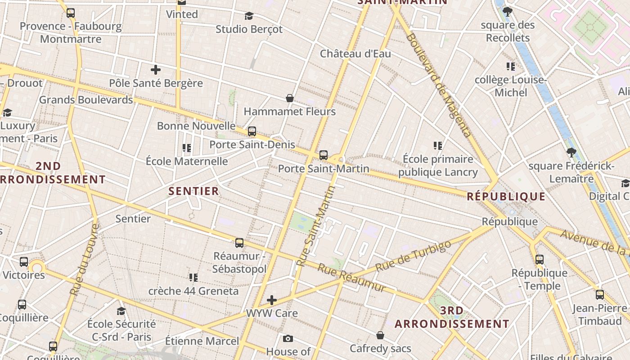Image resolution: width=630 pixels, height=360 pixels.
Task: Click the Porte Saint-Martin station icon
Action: (323, 155)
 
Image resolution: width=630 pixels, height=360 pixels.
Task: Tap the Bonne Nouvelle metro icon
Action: (252, 131)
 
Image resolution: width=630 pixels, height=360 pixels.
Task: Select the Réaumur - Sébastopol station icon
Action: (239, 243)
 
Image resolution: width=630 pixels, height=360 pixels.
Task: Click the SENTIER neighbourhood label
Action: (194, 191)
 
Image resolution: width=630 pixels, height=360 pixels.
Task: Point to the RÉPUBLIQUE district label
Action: (506, 196)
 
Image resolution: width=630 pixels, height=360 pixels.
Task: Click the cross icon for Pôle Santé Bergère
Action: (156, 70)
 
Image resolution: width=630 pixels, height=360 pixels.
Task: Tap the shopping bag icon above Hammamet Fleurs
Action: (290, 98)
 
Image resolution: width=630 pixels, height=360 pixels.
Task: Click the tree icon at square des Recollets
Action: (508, 11)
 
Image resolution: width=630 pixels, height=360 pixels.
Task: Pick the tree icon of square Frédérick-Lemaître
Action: (571, 152)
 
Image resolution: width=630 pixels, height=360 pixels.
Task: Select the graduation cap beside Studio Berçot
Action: (249, 16)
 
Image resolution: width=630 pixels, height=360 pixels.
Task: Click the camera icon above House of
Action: (288, 338)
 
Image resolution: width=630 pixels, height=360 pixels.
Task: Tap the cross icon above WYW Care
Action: (272, 300)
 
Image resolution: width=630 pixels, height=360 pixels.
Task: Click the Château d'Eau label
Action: (355, 54)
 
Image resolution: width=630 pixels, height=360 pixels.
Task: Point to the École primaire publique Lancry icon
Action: (438, 145)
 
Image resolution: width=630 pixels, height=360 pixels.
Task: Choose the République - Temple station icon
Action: (540, 259)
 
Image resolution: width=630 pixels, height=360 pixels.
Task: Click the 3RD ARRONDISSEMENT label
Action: (452, 317)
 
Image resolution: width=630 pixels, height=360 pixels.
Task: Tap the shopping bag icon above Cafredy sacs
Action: (380, 335)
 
